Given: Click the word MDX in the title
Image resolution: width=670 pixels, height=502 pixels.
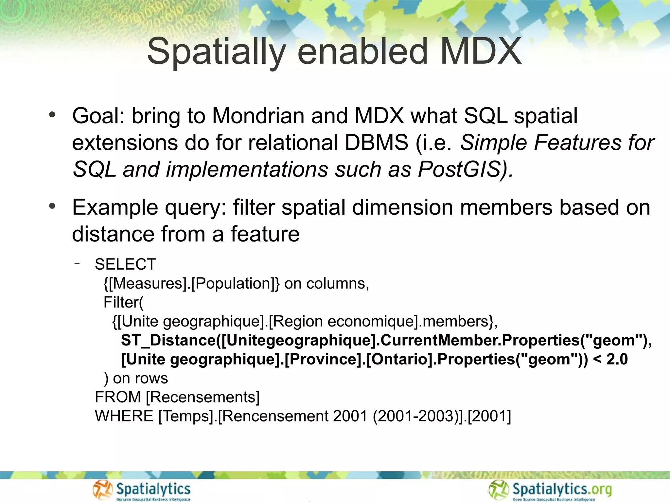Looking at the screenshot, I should point(481,52).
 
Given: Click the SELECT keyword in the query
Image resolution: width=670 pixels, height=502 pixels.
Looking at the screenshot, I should point(125,264).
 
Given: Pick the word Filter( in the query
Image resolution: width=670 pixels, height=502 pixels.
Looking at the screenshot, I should point(123,302).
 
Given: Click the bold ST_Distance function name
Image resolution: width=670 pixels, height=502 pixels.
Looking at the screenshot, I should point(168,340).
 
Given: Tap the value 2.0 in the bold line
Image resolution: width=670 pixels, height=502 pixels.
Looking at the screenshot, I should point(617,359).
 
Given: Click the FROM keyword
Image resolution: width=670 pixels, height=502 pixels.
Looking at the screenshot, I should point(118,397).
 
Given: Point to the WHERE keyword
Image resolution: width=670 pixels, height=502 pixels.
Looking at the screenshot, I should point(124,416).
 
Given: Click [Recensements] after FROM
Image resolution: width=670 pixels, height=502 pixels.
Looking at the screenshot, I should point(203,397).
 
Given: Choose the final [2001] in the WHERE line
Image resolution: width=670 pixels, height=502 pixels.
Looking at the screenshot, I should point(489,416).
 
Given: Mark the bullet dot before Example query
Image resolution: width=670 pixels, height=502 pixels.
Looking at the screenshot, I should point(52,207).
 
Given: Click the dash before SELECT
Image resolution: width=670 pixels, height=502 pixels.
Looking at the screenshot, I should point(77,263).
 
